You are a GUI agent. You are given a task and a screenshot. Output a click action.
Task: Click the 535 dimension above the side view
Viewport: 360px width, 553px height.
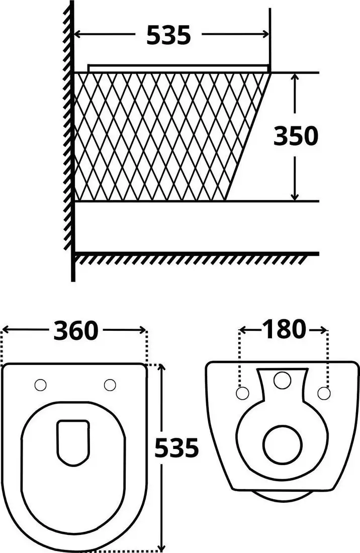(168, 35)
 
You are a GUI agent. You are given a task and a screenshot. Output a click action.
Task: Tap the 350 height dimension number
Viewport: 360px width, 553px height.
(296, 136)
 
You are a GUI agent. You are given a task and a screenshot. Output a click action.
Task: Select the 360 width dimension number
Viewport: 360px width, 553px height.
(76, 330)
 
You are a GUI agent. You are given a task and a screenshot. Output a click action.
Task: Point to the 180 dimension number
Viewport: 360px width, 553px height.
(284, 329)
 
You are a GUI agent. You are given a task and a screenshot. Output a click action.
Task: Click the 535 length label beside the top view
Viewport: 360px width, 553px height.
(176, 448)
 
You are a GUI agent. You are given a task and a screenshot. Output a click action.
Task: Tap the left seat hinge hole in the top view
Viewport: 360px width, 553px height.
(40, 385)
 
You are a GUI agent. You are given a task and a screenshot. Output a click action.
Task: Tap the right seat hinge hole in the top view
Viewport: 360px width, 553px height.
(110, 385)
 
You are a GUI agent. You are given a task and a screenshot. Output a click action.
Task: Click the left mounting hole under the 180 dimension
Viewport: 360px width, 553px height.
(243, 392)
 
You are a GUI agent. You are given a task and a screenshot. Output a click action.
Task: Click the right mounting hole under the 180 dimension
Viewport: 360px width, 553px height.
(324, 392)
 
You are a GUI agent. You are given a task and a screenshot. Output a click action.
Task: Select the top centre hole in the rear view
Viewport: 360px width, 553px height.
(283, 380)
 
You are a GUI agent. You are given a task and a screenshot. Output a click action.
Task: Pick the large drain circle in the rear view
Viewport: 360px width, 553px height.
(283, 444)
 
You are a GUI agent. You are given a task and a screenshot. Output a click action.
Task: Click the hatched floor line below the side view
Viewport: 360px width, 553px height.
(196, 256)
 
